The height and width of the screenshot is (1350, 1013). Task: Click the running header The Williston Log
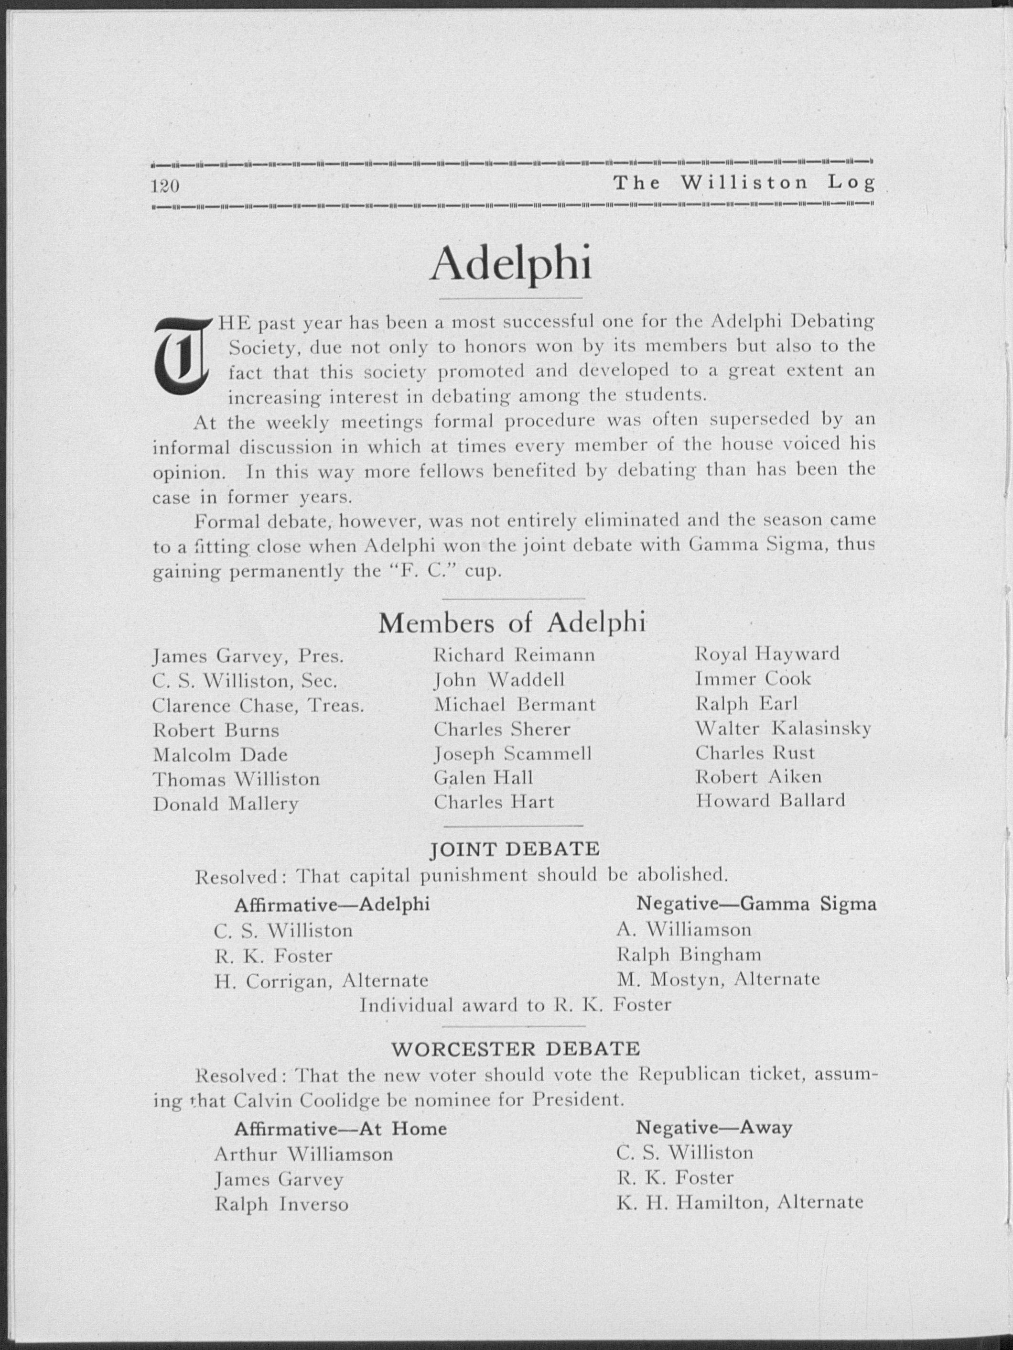tap(744, 183)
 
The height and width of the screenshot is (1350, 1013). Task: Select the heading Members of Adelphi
tap(512, 622)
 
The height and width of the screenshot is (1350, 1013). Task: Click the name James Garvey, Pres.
tap(248, 656)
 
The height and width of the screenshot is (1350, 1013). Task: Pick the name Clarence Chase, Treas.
tap(258, 706)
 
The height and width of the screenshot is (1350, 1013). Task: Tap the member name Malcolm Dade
tap(220, 755)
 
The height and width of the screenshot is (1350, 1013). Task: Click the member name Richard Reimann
tap(514, 655)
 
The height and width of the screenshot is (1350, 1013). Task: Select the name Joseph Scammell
tap(512, 754)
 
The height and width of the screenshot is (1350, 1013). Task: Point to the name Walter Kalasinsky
tap(783, 728)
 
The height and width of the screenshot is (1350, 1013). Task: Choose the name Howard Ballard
tap(770, 800)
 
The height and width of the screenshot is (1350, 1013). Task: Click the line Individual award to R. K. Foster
tap(516, 1004)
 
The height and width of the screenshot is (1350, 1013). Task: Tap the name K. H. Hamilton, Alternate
tap(740, 1202)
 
